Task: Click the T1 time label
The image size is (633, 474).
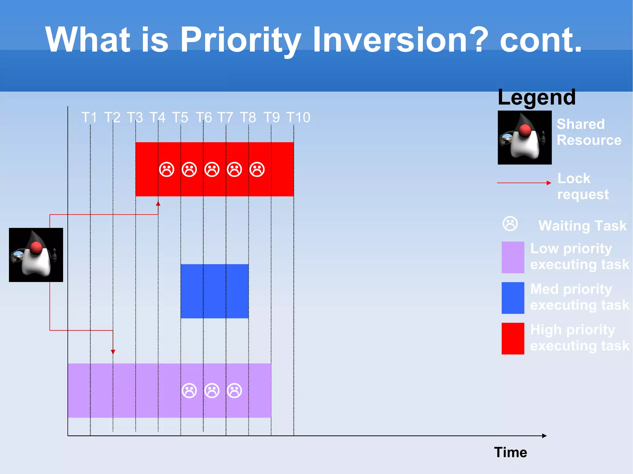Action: click(x=89, y=117)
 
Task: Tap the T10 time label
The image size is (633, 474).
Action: click(x=298, y=117)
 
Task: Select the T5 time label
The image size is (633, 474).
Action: click(x=180, y=117)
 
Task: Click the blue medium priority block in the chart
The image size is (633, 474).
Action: click(x=214, y=291)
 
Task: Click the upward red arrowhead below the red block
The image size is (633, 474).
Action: click(x=158, y=204)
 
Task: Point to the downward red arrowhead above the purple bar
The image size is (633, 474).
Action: click(x=113, y=351)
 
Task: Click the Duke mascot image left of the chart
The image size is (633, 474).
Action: click(x=36, y=255)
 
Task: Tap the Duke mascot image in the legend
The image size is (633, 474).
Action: click(x=525, y=137)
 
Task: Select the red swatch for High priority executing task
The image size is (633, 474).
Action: click(x=513, y=338)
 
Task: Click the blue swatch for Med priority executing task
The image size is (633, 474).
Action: click(x=513, y=298)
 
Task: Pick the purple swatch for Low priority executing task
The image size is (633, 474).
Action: click(x=513, y=257)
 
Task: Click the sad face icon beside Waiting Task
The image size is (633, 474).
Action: click(x=510, y=224)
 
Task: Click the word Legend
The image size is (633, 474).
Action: click(x=537, y=97)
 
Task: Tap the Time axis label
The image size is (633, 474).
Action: click(x=510, y=452)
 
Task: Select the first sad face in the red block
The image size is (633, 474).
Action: click(x=167, y=169)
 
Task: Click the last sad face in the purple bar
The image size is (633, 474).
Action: click(x=234, y=391)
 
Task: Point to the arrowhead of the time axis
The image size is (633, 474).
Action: click(x=544, y=436)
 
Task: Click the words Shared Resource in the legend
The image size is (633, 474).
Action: click(x=589, y=132)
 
